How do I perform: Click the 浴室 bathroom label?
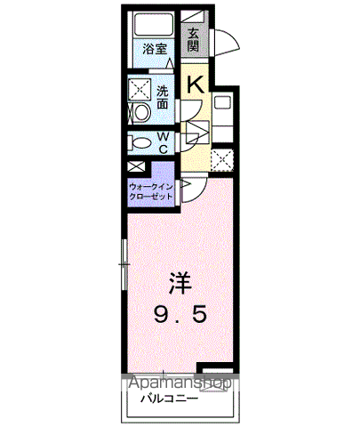point(156,49)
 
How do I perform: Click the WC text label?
point(163,142)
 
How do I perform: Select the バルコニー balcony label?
point(167,399)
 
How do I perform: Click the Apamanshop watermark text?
point(181,383)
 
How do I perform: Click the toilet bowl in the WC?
point(140,142)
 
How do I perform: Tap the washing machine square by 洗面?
point(140,90)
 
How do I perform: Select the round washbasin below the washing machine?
point(139,113)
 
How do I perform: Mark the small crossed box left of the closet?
point(135,166)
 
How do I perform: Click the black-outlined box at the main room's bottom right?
point(215,373)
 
